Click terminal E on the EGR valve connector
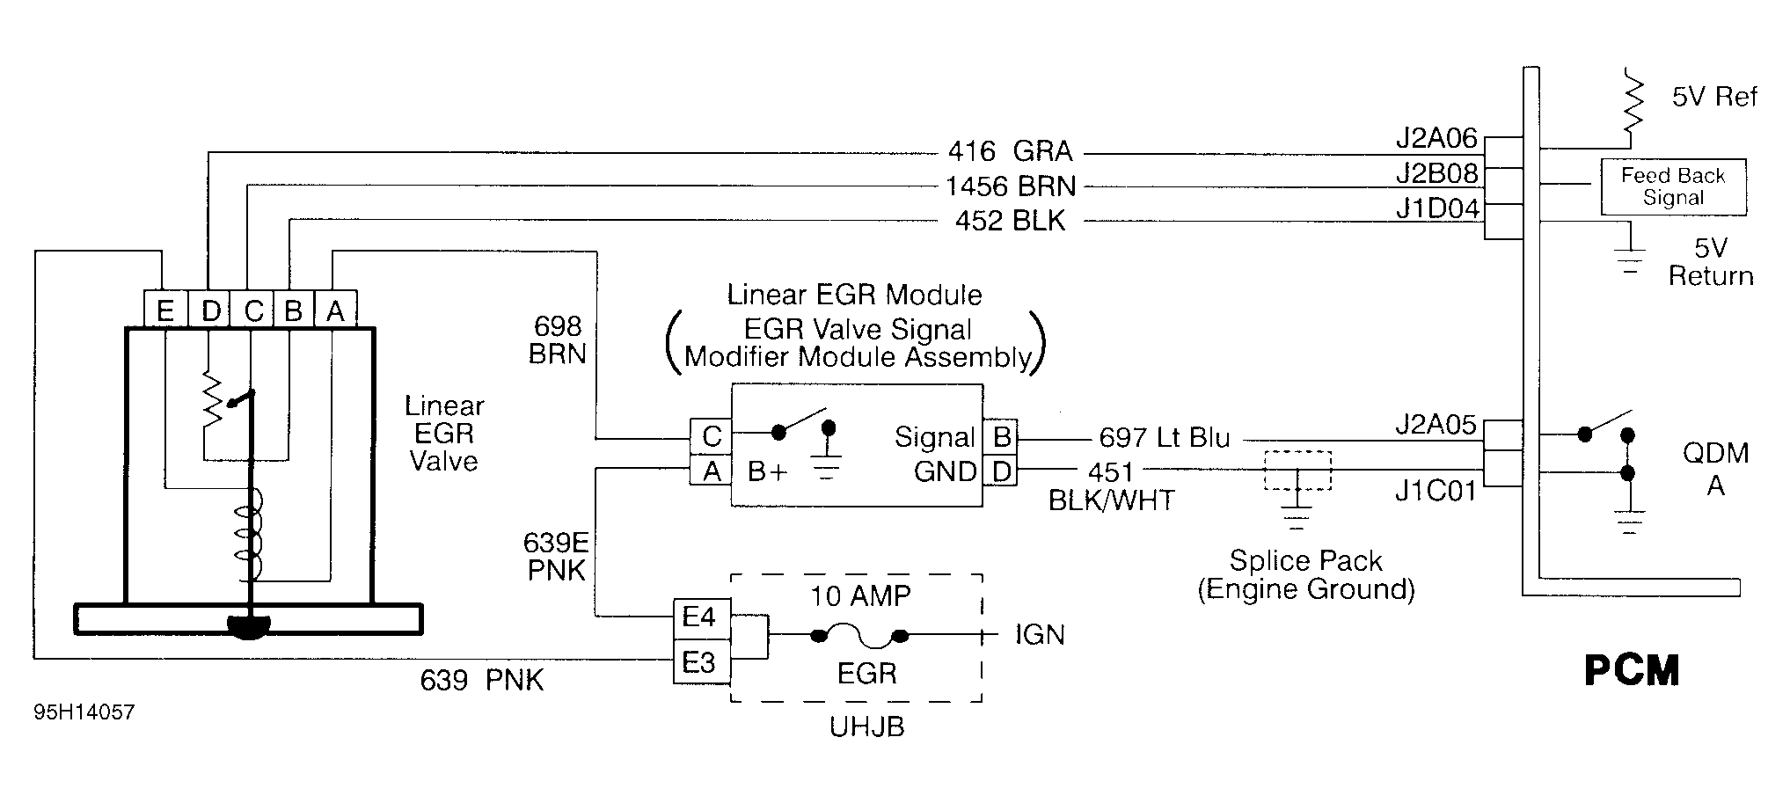[x=164, y=310]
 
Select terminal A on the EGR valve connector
[x=335, y=310]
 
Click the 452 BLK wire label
[x=1010, y=220]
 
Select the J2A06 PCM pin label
[x=1436, y=140]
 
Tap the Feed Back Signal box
[x=1672, y=186]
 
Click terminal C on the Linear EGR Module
[x=711, y=436]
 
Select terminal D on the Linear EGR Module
[x=1001, y=472]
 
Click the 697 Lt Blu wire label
[x=1164, y=437]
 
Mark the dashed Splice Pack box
[x=1297, y=471]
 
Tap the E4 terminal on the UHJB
[x=700, y=617]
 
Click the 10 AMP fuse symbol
[x=858, y=634]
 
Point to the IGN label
[x=1039, y=634]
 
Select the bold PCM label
[x=1631, y=670]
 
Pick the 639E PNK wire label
[x=555, y=556]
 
